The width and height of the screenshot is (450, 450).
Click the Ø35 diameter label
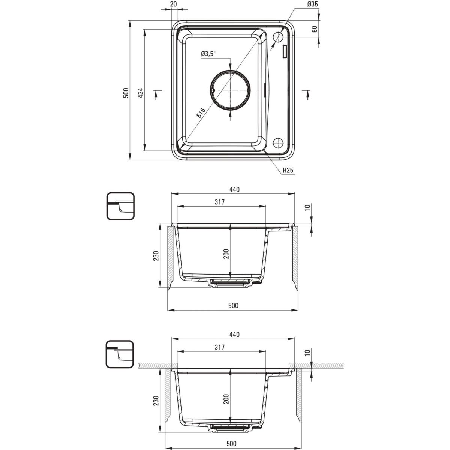point(313,4)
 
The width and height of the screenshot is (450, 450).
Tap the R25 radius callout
point(288,170)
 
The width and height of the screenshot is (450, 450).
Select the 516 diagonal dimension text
point(201,113)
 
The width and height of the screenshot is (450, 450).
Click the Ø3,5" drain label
point(208,54)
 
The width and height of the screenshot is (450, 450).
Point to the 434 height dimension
point(141,93)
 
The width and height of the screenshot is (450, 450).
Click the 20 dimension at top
point(174,4)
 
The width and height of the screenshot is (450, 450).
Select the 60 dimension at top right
point(315,29)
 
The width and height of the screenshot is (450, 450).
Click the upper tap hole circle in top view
point(278,37)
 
